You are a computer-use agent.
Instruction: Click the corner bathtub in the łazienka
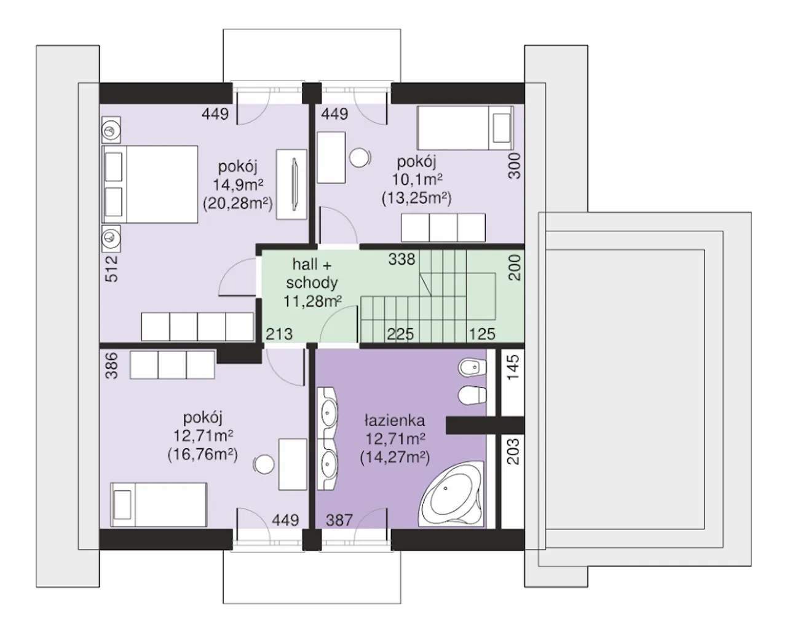point(451,494)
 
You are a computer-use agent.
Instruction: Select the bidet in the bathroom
point(472,367)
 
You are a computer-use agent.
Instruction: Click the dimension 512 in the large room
point(111,268)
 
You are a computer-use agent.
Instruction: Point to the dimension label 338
point(402,259)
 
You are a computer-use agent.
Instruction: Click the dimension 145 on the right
point(513,367)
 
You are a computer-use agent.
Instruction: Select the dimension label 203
point(513,451)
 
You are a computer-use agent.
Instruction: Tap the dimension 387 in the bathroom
point(339,520)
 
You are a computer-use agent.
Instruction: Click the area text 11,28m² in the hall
point(313,302)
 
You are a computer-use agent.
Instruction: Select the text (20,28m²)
point(238,203)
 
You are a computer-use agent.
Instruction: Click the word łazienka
point(395,421)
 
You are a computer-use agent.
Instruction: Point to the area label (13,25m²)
point(416,198)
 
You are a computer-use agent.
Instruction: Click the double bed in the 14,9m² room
point(150,184)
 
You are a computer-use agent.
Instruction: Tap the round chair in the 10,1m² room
point(360,158)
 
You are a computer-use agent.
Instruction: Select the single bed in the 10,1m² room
point(465,128)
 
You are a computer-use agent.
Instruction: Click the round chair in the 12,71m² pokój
point(264,464)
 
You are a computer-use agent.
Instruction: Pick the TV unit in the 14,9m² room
point(291,184)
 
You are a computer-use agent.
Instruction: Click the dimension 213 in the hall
point(279,334)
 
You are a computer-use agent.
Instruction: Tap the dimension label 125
point(482,334)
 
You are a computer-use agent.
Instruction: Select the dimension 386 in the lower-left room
point(111,365)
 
